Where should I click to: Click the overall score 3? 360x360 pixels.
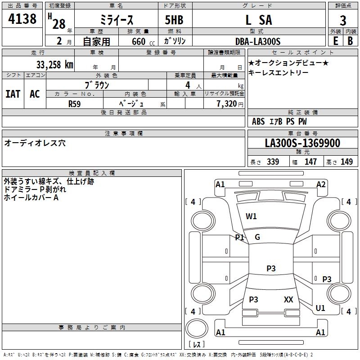(343, 21)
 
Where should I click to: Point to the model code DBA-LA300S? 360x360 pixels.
(258, 41)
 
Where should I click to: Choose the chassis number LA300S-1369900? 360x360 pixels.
(302, 143)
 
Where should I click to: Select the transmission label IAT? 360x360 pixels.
(13, 94)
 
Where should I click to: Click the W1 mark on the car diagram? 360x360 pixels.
(251, 216)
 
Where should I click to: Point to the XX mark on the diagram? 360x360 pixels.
(288, 299)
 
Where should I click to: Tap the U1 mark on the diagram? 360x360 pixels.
(320, 308)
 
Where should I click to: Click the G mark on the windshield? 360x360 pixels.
(257, 237)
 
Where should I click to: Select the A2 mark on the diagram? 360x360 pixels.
(321, 184)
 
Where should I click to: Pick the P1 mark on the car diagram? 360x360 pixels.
(239, 237)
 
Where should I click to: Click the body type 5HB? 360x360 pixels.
(174, 20)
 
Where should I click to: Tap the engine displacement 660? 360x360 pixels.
(138, 41)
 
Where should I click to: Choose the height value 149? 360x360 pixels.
(346, 162)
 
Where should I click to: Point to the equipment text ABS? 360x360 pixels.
(258, 121)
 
